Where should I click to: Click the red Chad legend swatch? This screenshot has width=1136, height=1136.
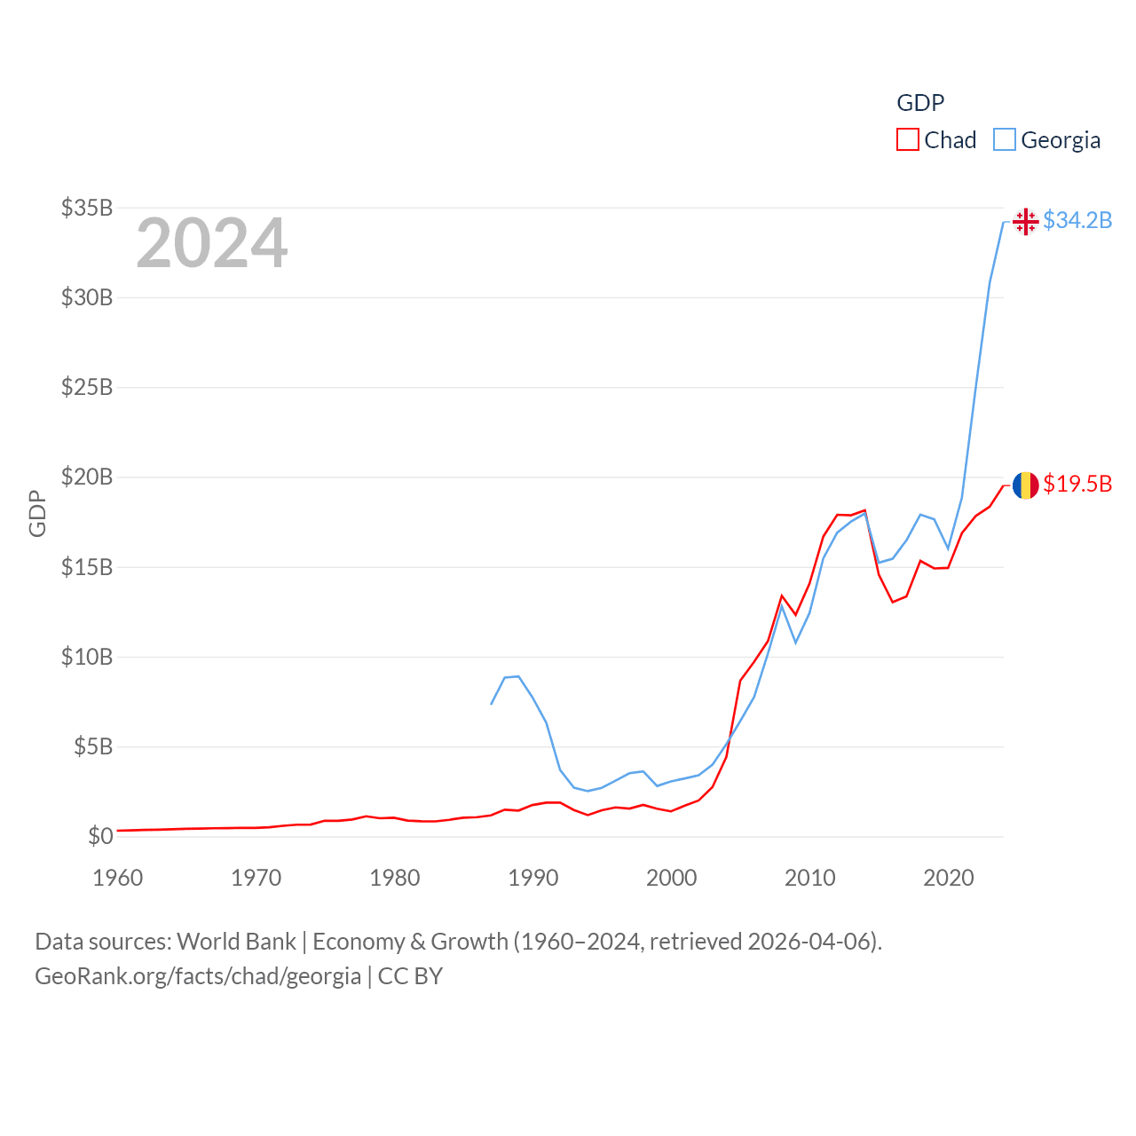pyautogui.click(x=907, y=140)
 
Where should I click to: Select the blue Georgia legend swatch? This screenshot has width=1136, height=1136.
pyautogui.click(x=1004, y=140)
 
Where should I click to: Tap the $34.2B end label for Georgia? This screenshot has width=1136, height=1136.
pyautogui.click(x=1077, y=220)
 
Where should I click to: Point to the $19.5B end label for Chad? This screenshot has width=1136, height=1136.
pyautogui.click(x=1077, y=484)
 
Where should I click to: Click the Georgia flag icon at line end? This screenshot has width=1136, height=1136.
pyautogui.click(x=1025, y=221)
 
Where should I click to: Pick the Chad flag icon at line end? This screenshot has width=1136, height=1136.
pyautogui.click(x=1025, y=485)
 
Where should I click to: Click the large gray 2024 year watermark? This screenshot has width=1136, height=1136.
pyautogui.click(x=212, y=242)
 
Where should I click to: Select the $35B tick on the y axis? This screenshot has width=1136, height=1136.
pyautogui.click(x=87, y=208)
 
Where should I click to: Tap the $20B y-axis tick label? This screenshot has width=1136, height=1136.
pyautogui.click(x=87, y=477)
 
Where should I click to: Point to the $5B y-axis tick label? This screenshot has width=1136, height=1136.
pyautogui.click(x=92, y=746)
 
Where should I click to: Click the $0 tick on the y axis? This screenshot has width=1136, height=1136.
pyautogui.click(x=100, y=836)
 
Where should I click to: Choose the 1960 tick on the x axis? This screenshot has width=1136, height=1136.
pyautogui.click(x=118, y=878)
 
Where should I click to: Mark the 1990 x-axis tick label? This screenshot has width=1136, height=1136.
pyautogui.click(x=533, y=878)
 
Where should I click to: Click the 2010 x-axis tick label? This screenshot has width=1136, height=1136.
pyautogui.click(x=810, y=878)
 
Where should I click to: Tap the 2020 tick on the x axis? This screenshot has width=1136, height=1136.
pyautogui.click(x=949, y=878)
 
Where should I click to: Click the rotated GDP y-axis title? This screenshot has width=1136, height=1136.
pyautogui.click(x=37, y=513)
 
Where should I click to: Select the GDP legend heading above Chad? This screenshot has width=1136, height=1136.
pyautogui.click(x=920, y=103)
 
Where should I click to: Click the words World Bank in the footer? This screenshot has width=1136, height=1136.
pyautogui.click(x=236, y=941)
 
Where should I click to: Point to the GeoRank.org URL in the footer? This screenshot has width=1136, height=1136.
pyautogui.click(x=198, y=976)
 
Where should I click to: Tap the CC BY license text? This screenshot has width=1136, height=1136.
pyautogui.click(x=410, y=976)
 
